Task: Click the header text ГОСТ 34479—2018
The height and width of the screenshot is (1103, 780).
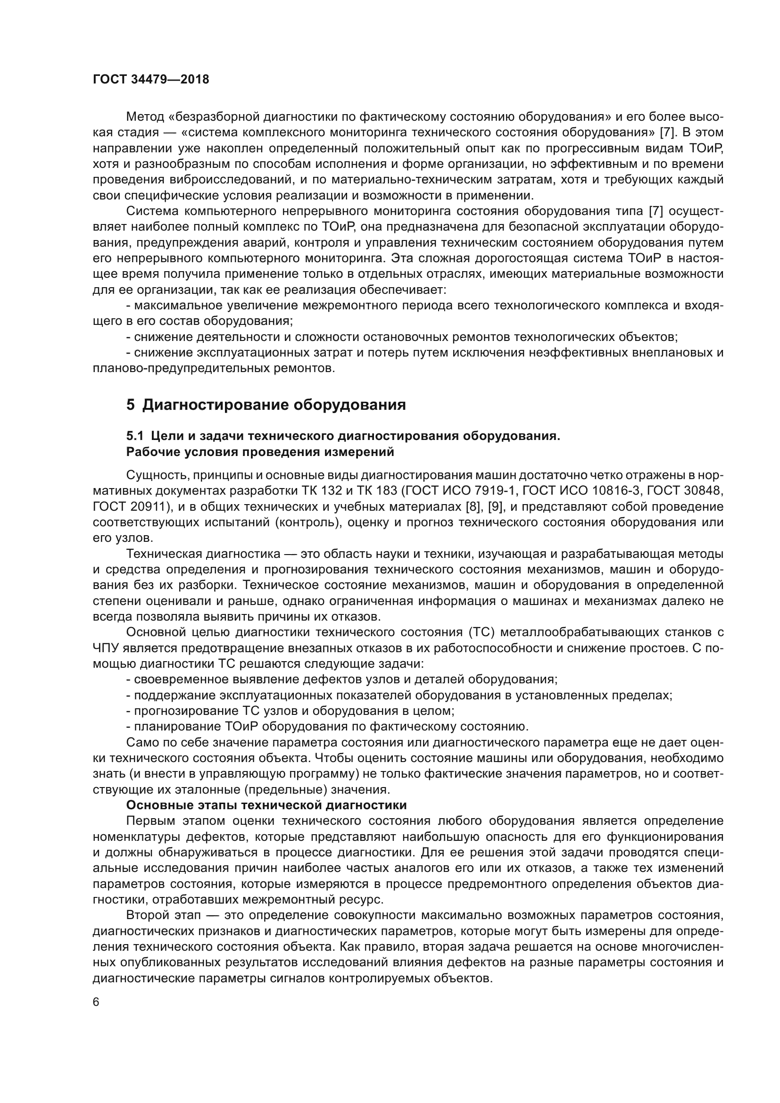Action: coord(151,80)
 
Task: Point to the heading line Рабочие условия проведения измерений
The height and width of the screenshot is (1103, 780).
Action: coord(260,452)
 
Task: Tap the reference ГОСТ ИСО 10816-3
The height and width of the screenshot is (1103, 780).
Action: coord(586,491)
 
